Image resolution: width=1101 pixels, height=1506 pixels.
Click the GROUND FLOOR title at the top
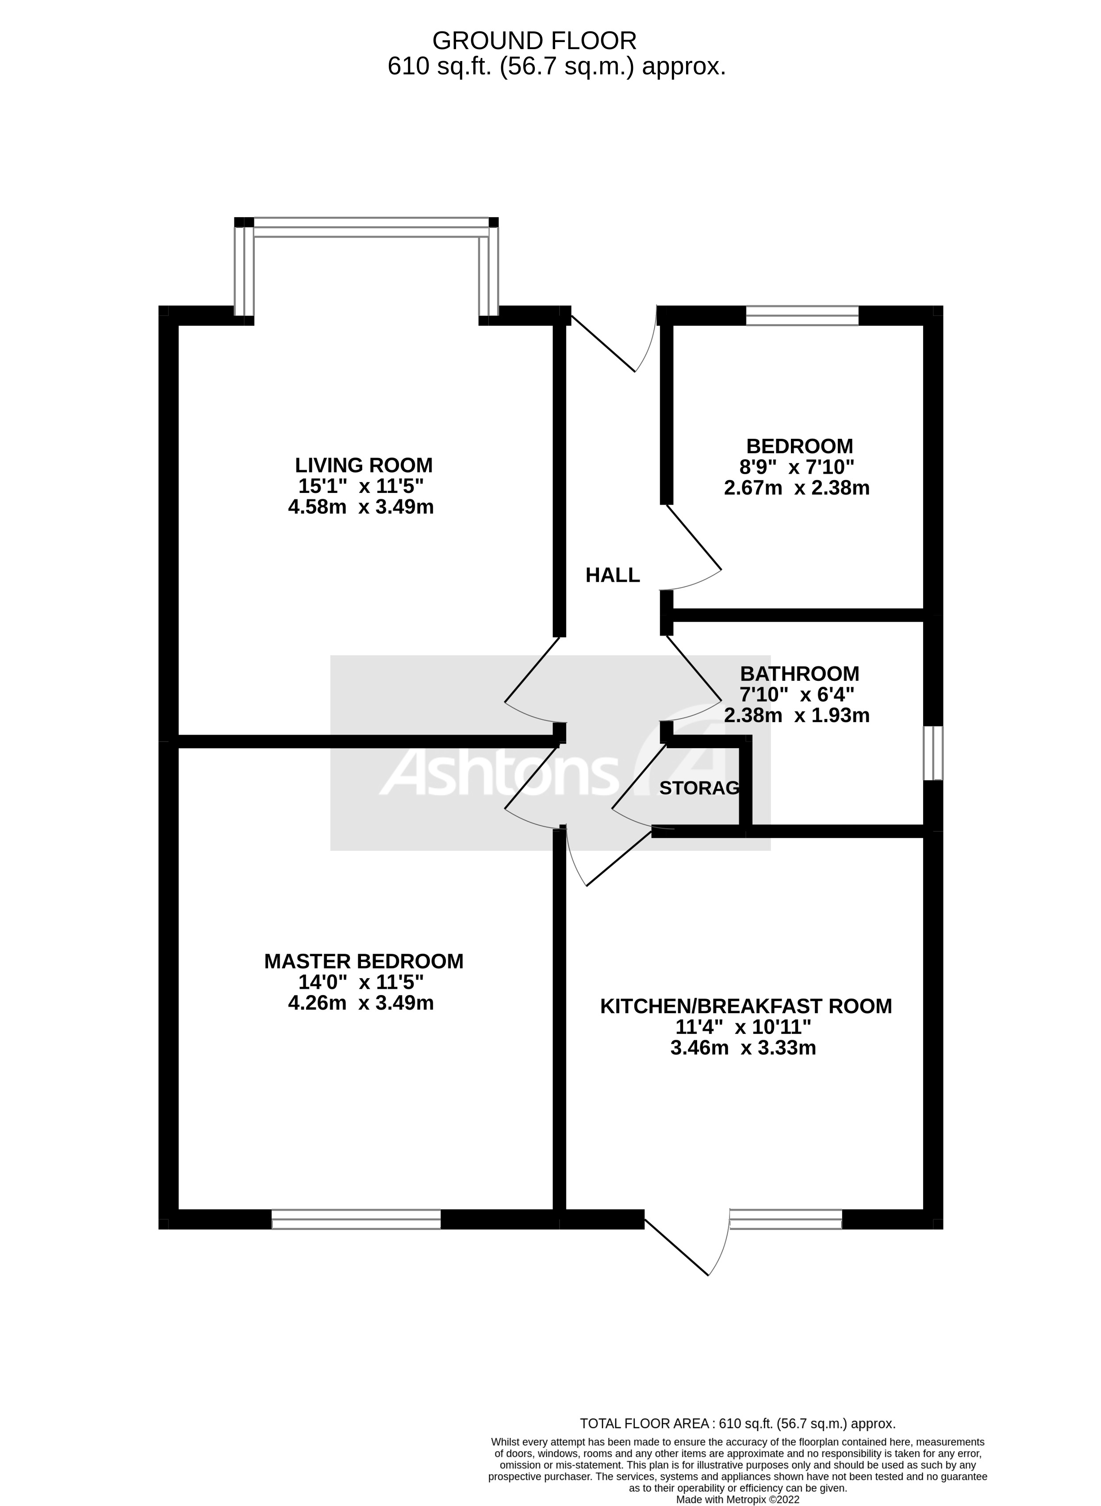pos(534,41)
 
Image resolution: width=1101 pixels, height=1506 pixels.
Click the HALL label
pos(613,575)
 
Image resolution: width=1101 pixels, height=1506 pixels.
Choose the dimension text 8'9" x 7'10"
pos(799,467)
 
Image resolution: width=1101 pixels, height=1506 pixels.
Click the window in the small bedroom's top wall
pos(802,315)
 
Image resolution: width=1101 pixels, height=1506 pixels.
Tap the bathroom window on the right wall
pos(932,753)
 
